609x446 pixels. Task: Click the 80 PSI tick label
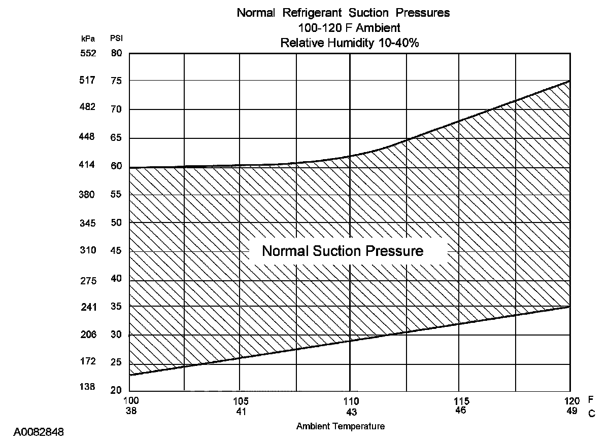116,53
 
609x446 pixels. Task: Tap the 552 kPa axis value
88,53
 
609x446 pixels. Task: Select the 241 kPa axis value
88,307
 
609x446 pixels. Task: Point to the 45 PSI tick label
116,250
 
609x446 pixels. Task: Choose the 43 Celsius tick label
351,412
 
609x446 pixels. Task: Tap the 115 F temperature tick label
460,400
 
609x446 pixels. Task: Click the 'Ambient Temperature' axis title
340,426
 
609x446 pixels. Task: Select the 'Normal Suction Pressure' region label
343,251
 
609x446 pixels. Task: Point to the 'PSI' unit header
116,38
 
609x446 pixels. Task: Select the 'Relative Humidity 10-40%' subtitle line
350,43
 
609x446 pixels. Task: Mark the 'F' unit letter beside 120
591,400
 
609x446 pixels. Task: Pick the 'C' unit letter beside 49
591,414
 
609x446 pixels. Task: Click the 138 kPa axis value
88,387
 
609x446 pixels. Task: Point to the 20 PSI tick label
116,390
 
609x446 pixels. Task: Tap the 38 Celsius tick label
130,411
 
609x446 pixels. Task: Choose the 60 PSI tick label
116,166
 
